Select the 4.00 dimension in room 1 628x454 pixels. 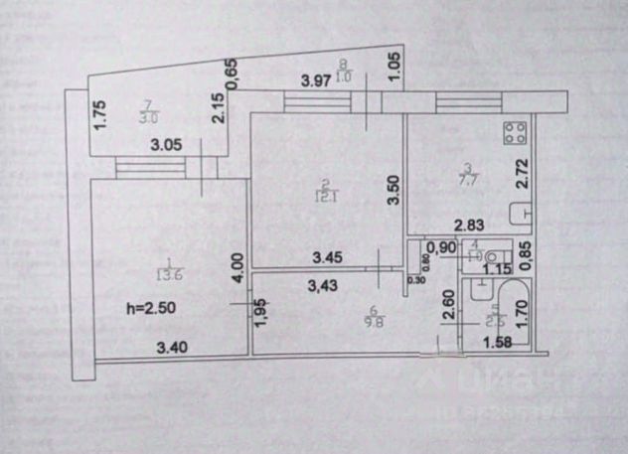(235, 269)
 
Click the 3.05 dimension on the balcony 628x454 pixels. (166, 145)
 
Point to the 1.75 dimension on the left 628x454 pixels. (98, 118)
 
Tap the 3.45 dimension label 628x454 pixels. (329, 258)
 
